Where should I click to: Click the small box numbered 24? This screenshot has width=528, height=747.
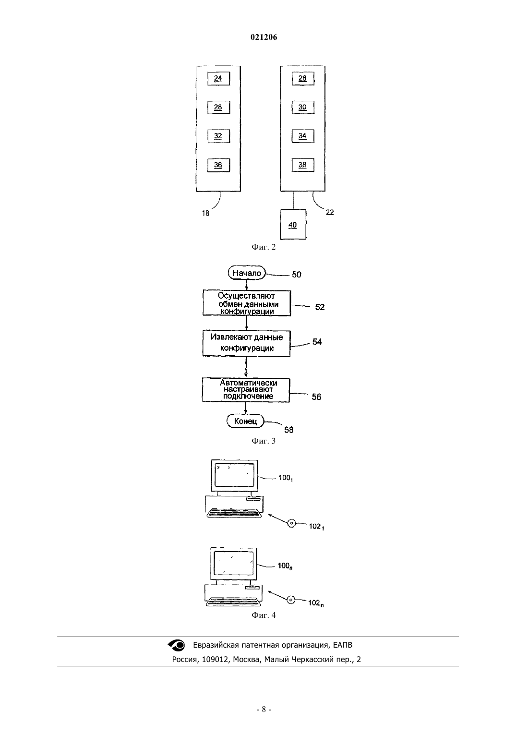pyautogui.click(x=218, y=79)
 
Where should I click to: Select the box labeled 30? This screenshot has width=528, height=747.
pyautogui.click(x=303, y=108)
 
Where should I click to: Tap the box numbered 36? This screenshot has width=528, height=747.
pyautogui.click(x=218, y=165)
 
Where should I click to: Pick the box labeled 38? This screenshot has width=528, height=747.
pyautogui.click(x=303, y=165)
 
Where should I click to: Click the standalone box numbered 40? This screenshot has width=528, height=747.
pyautogui.click(x=293, y=224)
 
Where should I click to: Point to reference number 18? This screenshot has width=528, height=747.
pyautogui.click(x=205, y=213)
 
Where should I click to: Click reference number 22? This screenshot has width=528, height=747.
pyautogui.click(x=330, y=212)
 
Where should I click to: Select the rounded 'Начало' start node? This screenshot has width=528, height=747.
pyautogui.click(x=247, y=273)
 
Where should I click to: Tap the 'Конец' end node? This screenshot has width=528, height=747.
pyautogui.click(x=245, y=421)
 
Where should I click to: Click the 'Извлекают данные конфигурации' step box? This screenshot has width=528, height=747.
pyautogui.click(x=246, y=343)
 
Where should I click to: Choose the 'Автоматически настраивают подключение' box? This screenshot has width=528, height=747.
pyautogui.click(x=246, y=390)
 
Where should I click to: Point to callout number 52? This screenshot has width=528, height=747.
pyautogui.click(x=320, y=307)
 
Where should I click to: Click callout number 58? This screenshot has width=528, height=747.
pyautogui.click(x=288, y=430)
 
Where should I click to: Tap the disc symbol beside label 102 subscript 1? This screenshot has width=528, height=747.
pyautogui.click(x=292, y=523)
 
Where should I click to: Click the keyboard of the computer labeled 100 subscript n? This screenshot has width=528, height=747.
pyautogui.click(x=233, y=601)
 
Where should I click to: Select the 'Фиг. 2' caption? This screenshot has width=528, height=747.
pyautogui.click(x=264, y=247)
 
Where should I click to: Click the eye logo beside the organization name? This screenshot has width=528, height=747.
pyautogui.click(x=176, y=645)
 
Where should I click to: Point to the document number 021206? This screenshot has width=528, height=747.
pyautogui.click(x=264, y=37)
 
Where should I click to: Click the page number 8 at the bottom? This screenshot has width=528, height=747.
pyautogui.click(x=264, y=710)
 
